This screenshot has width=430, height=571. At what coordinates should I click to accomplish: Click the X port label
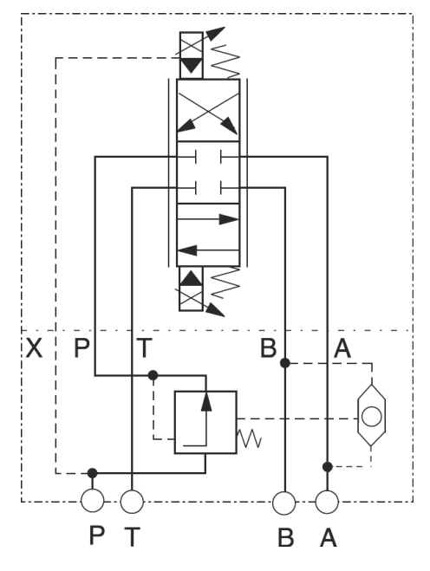pos(34,347)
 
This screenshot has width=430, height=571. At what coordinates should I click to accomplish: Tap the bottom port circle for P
pos(92,501)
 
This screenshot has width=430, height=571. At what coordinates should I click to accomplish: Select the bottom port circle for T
pos(132,502)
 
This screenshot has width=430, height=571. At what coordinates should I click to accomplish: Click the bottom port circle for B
pos(284,503)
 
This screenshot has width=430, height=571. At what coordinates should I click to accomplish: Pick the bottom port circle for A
pos(327,502)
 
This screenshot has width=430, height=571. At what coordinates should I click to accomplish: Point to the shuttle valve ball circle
pos(372,417)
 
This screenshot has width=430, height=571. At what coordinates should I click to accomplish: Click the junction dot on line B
pos(285,363)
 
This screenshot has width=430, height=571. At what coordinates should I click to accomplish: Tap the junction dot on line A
pos(327,466)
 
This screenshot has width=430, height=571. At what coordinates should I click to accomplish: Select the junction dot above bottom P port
pos(93,473)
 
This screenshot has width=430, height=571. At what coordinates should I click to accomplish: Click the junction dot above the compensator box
pos(153,375)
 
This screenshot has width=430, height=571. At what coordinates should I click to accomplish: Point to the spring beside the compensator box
pos(250,438)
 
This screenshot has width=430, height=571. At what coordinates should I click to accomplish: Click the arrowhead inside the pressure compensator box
pos(206,401)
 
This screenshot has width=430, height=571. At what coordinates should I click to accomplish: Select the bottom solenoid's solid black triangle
pos(191,278)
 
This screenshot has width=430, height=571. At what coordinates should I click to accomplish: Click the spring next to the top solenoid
pos(225,62)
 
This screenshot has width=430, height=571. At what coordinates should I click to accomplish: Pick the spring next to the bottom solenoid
pos(225,282)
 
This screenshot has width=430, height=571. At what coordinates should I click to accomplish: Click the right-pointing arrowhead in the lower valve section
pos(229,219)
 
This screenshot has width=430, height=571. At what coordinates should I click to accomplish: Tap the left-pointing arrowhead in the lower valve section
pos(187,250)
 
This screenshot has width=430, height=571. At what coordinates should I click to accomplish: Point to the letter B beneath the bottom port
pos(286,537)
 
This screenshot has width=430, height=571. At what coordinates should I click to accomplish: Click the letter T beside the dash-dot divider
pos(144,347)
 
